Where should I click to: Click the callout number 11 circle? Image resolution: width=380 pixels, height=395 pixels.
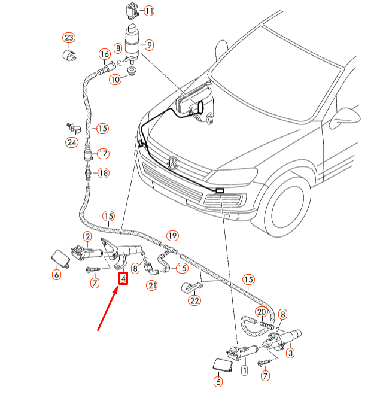[x=148, y=11]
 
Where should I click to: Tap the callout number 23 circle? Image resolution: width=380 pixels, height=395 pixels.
[x=69, y=39]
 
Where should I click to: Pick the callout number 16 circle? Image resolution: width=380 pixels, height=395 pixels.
[x=105, y=54]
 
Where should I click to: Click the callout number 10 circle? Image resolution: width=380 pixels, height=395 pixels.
[x=115, y=78]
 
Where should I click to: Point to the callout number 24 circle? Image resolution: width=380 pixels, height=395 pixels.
[x=72, y=142]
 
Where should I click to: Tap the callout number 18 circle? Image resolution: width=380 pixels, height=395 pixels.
[x=103, y=173]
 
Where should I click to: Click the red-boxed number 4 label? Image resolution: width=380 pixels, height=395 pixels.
[x=123, y=278]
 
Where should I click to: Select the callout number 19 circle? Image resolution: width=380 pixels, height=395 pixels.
[x=172, y=235]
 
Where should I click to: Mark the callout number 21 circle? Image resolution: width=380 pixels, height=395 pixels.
[x=152, y=286]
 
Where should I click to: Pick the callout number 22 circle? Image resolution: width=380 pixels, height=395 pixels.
[x=194, y=300]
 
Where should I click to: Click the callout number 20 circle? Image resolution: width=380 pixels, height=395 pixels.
[x=261, y=312]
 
